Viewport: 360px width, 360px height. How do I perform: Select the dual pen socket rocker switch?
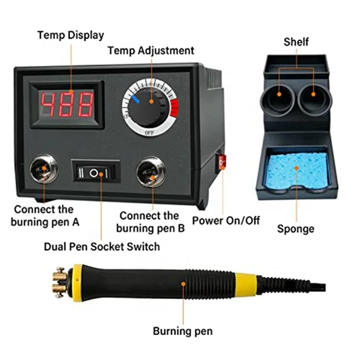pyautogui.click(x=96, y=173)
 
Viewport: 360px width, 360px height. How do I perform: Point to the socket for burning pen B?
pyautogui.click(x=151, y=172)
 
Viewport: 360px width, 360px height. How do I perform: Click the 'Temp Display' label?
pyautogui.click(x=71, y=35)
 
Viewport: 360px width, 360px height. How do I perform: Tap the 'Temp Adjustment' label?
pyautogui.click(x=151, y=51)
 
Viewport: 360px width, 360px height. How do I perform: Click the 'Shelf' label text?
pyautogui.click(x=296, y=42)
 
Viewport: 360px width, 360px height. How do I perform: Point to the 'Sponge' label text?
pyautogui.click(x=295, y=229)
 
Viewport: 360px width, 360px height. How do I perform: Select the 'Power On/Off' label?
pyautogui.click(x=226, y=220)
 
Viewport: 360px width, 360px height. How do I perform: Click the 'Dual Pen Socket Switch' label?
pyautogui.click(x=102, y=246)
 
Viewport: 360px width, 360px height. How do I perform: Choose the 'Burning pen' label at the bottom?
pyautogui.click(x=183, y=331)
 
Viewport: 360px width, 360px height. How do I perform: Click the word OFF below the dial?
pyautogui.click(x=149, y=133)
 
